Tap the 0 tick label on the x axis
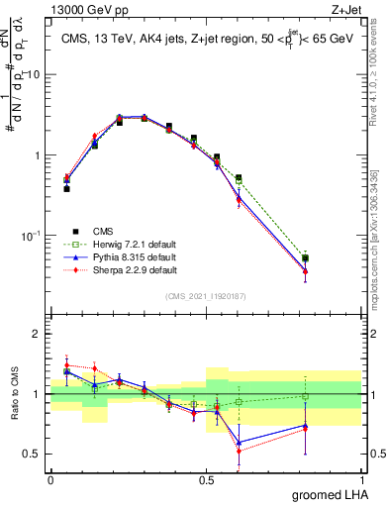[x=50, y=478]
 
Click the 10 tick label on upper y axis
[x=33, y=75]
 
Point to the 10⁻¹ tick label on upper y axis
[x=30, y=236]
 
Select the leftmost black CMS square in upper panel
[x=66, y=188]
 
